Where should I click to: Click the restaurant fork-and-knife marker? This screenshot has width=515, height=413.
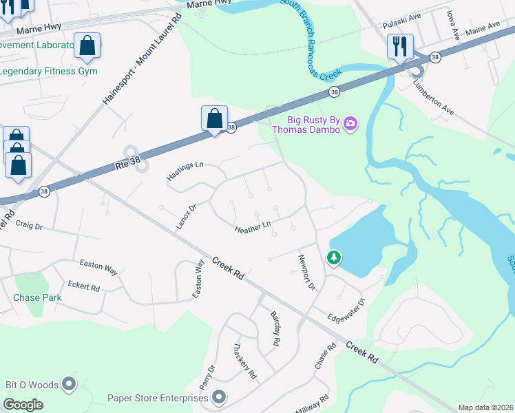point(399,47)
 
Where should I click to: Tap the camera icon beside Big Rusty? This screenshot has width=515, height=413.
point(350,123)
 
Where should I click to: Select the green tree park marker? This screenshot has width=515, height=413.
point(334,257)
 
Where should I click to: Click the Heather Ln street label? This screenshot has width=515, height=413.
point(253,226)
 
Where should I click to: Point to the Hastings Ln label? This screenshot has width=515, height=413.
point(185,171)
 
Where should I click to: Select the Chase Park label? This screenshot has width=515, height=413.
point(37,297)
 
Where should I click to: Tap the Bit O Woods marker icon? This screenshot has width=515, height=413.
point(69,383)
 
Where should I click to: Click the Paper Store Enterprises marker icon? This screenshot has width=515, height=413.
point(219,396)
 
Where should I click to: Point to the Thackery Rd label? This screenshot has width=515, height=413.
point(244,361)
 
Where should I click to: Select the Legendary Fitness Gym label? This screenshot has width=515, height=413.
point(48,71)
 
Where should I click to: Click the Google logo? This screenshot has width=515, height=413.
point(23,405)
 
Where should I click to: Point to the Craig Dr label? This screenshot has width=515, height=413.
point(29,225)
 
